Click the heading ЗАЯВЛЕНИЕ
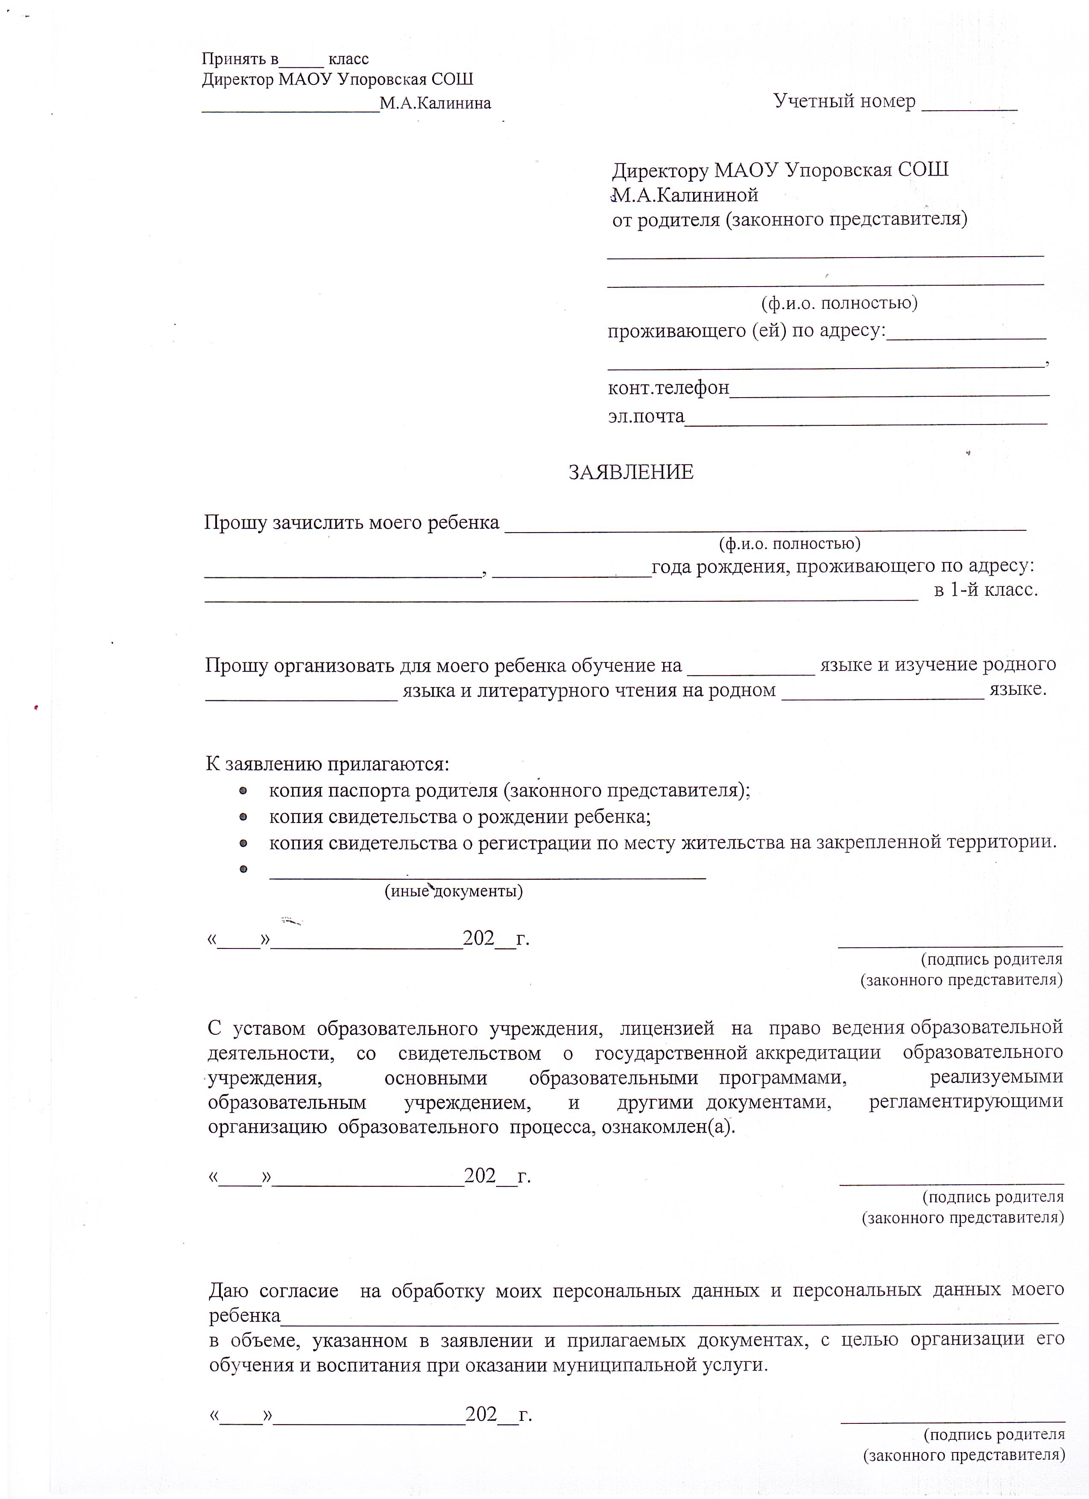point(631,472)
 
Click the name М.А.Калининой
point(685,195)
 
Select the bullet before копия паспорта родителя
point(243,790)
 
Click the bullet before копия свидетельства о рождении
point(243,817)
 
